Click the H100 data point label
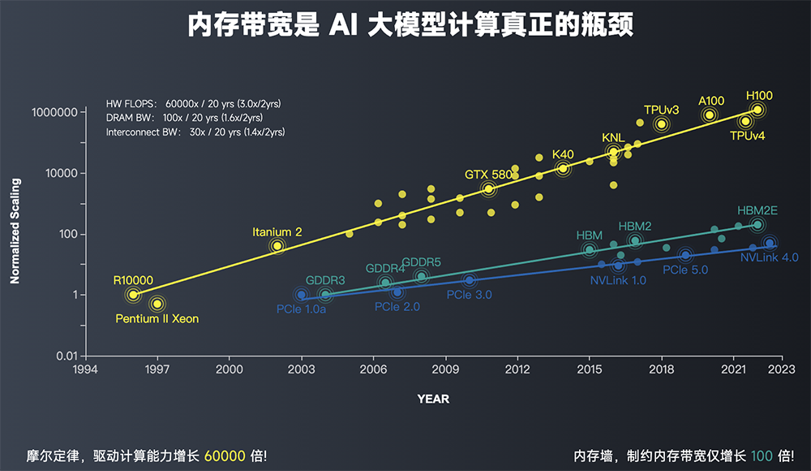(x=760, y=94)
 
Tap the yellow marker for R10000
(x=133, y=295)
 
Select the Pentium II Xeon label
(x=157, y=319)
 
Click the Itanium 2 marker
(x=277, y=246)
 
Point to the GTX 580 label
(x=488, y=175)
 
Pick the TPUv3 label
(x=661, y=110)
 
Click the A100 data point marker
(x=710, y=115)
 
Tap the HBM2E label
(x=757, y=210)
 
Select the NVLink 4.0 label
(x=769, y=257)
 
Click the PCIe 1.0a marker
(x=302, y=295)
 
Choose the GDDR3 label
(x=325, y=280)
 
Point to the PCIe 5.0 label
(x=685, y=270)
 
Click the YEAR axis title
(x=433, y=399)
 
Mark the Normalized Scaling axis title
(x=15, y=231)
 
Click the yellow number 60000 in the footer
(x=225, y=456)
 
